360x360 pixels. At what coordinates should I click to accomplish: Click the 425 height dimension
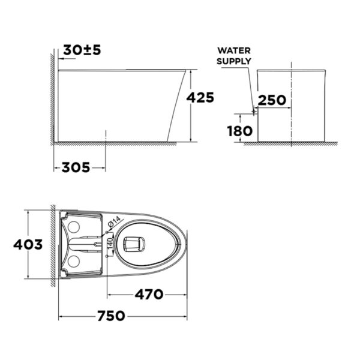pyautogui.click(x=200, y=98)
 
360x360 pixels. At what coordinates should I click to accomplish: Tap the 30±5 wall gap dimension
pyautogui.click(x=82, y=50)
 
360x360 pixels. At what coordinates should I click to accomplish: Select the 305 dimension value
pyautogui.click(x=76, y=167)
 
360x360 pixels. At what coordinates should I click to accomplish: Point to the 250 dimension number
pyautogui.click(x=272, y=100)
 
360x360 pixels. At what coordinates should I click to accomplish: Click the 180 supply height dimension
pyautogui.click(x=240, y=131)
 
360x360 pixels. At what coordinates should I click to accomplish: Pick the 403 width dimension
pyautogui.click(x=28, y=244)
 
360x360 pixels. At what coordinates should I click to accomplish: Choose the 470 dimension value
pyautogui.click(x=149, y=295)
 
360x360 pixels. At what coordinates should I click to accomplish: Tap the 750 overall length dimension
pyautogui.click(x=111, y=316)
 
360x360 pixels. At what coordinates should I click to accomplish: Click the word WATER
pyautogui.click(x=234, y=50)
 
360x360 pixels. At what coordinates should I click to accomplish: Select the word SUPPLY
pyautogui.click(x=234, y=61)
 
